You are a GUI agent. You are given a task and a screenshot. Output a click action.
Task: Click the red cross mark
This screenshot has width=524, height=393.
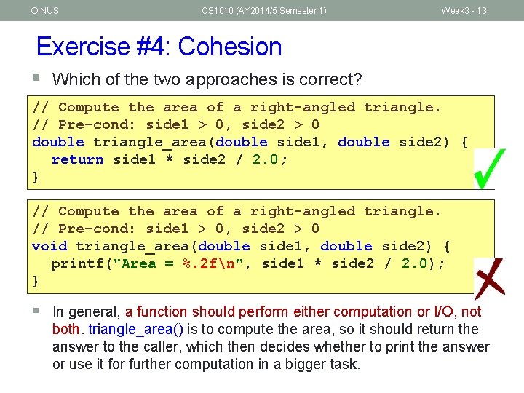(x=489, y=278)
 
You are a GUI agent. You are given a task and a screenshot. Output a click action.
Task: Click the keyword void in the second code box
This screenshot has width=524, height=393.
(x=49, y=246)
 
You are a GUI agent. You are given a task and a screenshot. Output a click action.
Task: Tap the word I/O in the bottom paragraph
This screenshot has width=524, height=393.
(x=443, y=311)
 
